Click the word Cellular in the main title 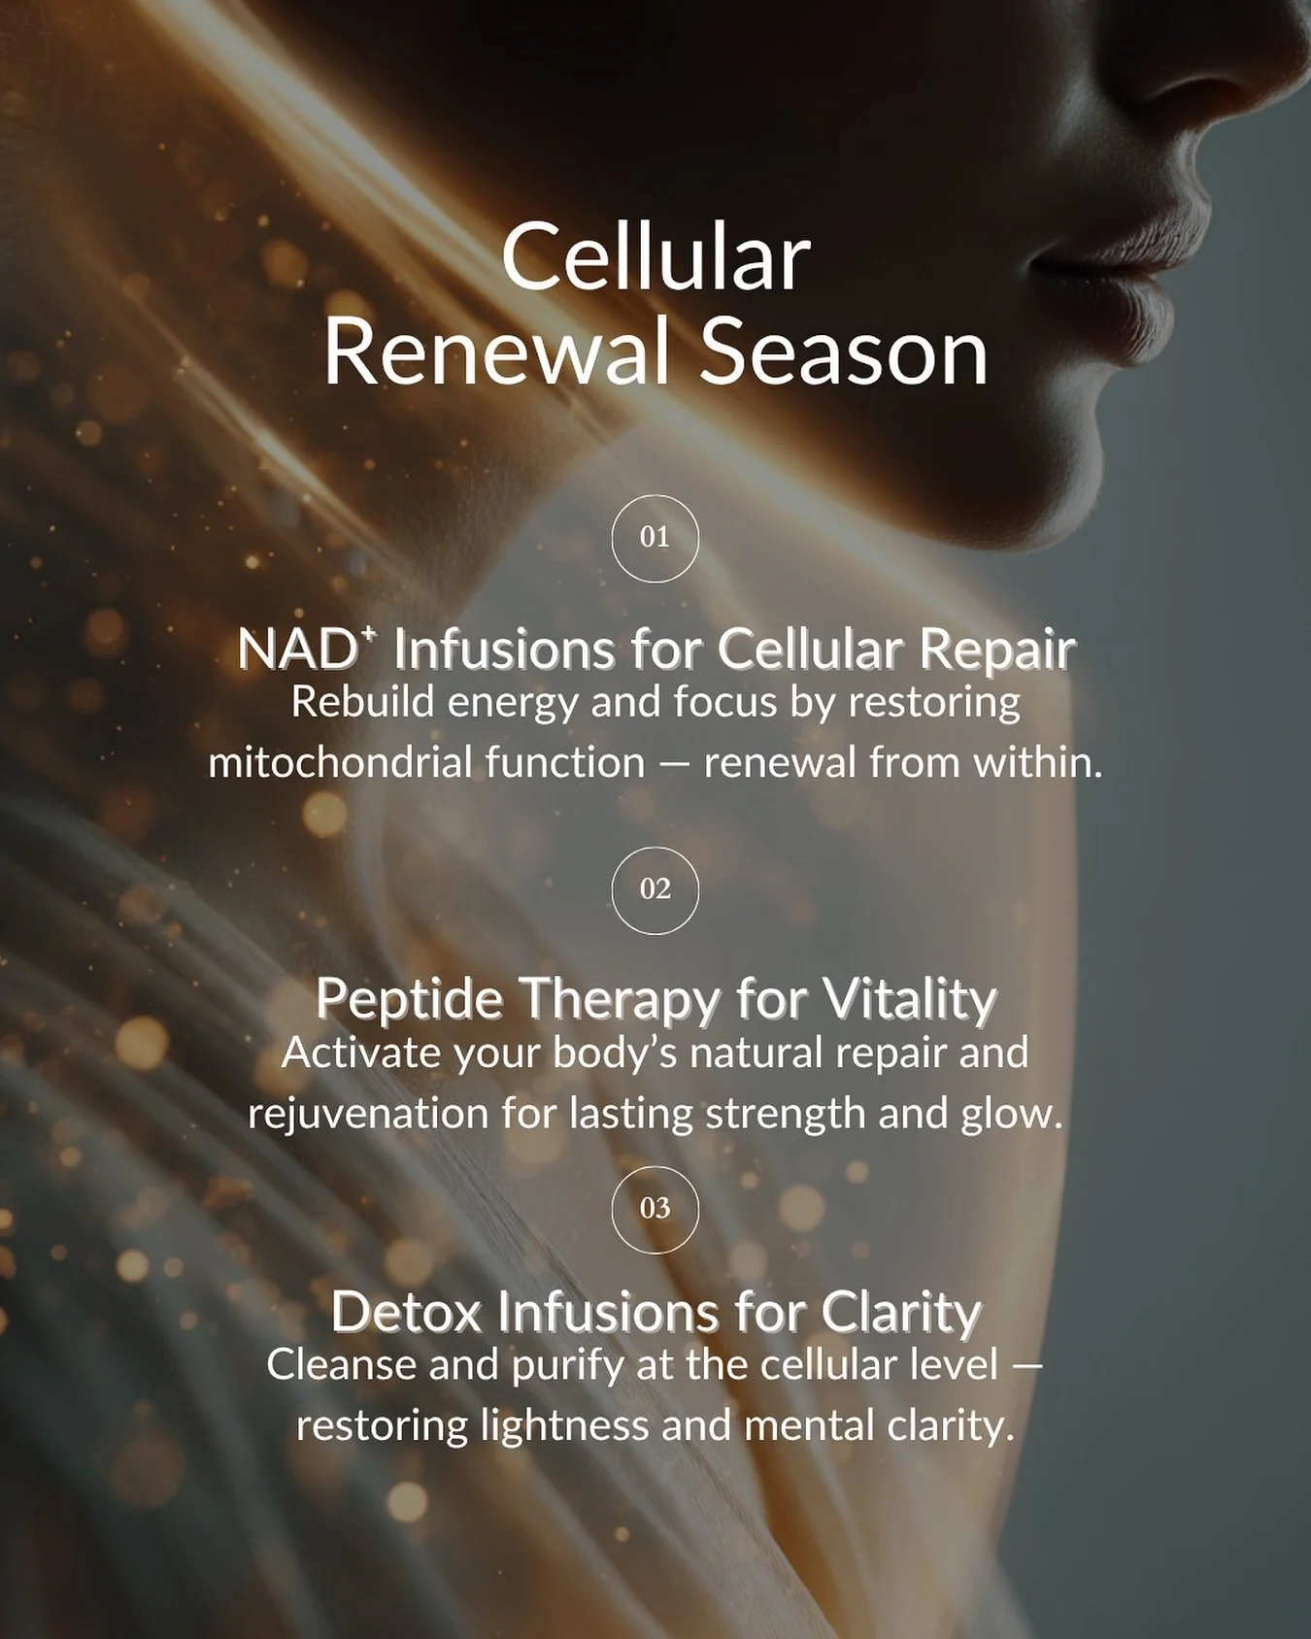pyautogui.click(x=655, y=258)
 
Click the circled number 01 pyautogui.click(x=655, y=538)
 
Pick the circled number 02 pyautogui.click(x=655, y=889)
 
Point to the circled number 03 pyautogui.click(x=655, y=1208)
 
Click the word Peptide pyautogui.click(x=409, y=1000)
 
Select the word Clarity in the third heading pyautogui.click(x=902, y=1313)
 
